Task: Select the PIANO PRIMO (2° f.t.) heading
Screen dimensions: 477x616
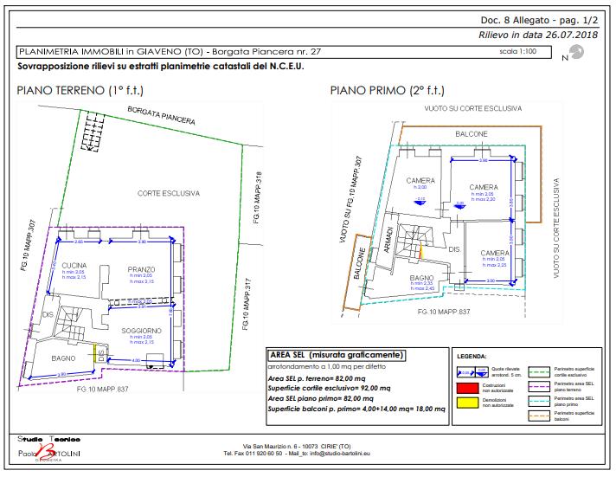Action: [x=387, y=90]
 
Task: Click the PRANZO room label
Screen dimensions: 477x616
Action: [x=140, y=270]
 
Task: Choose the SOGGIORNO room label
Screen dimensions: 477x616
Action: [x=140, y=331]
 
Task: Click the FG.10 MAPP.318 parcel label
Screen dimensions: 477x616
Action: [x=257, y=198]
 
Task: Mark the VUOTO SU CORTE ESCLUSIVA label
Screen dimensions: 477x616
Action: [x=472, y=109]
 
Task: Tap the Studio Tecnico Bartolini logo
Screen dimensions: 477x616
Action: [x=53, y=445]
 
